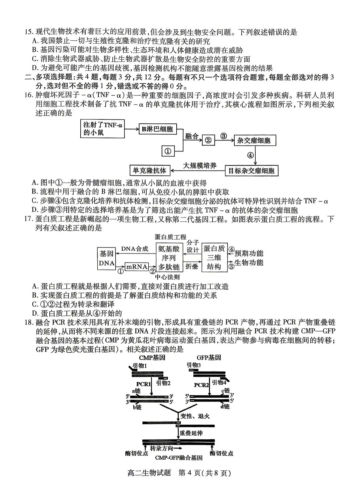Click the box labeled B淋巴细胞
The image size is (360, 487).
point(157,129)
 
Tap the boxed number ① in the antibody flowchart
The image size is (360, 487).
point(168,151)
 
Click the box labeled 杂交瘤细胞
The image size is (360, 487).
point(254,140)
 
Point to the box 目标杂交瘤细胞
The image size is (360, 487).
point(251,171)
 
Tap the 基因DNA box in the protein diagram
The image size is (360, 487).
point(106,258)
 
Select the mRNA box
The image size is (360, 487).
point(136,266)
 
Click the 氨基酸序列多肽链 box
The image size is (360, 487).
point(169,258)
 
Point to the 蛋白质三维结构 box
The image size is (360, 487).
point(214,258)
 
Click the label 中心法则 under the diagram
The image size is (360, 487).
point(168,277)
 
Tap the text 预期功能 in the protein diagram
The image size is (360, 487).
point(249,253)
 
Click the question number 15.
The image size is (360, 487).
point(29,32)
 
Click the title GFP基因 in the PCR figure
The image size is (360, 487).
point(209,358)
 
